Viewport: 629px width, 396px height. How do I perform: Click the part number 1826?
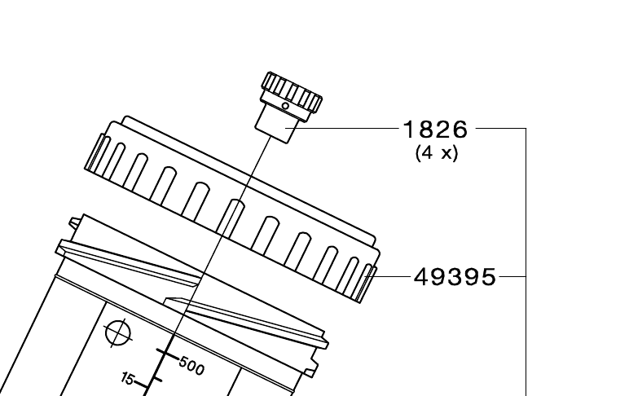pyautogui.click(x=436, y=129)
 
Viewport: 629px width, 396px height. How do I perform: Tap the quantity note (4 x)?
pyautogui.click(x=436, y=152)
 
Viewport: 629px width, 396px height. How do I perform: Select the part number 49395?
pyautogui.click(x=455, y=277)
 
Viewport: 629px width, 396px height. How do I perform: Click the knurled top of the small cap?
pyautogui.click(x=292, y=90)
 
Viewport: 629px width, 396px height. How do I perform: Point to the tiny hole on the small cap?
pyautogui.click(x=285, y=106)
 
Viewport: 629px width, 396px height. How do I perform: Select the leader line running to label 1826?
pyautogui.click(x=346, y=128)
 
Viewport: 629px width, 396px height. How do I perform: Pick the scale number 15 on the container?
pyautogui.click(x=128, y=378)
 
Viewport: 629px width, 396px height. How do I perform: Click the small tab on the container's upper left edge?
pyautogui.click(x=74, y=222)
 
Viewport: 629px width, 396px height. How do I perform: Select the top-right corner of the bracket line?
pyautogui.click(x=526, y=128)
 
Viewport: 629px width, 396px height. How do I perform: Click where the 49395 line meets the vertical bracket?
pyautogui.click(x=526, y=276)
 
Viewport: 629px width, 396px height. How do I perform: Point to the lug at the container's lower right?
pyautogui.click(x=310, y=368)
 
